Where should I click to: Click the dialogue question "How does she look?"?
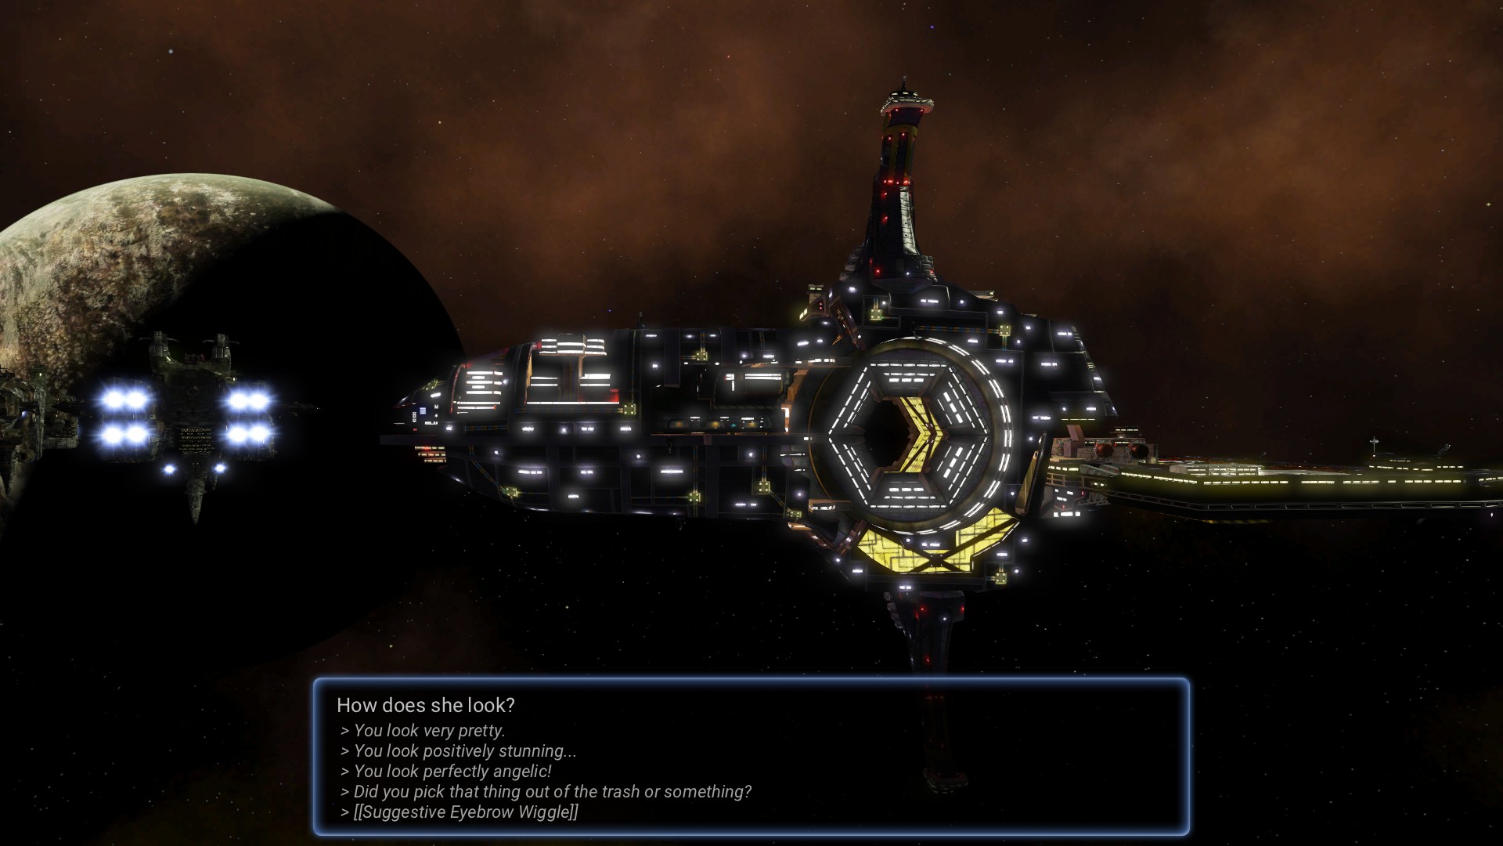click(425, 705)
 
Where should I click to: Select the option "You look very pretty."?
click(423, 731)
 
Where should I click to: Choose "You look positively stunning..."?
click(459, 751)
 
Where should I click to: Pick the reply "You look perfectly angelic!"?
click(446, 772)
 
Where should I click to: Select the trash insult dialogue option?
click(546, 792)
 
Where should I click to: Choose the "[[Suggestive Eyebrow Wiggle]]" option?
click(460, 812)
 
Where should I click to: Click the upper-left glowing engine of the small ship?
click(125, 400)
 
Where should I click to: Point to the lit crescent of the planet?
click(117, 258)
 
